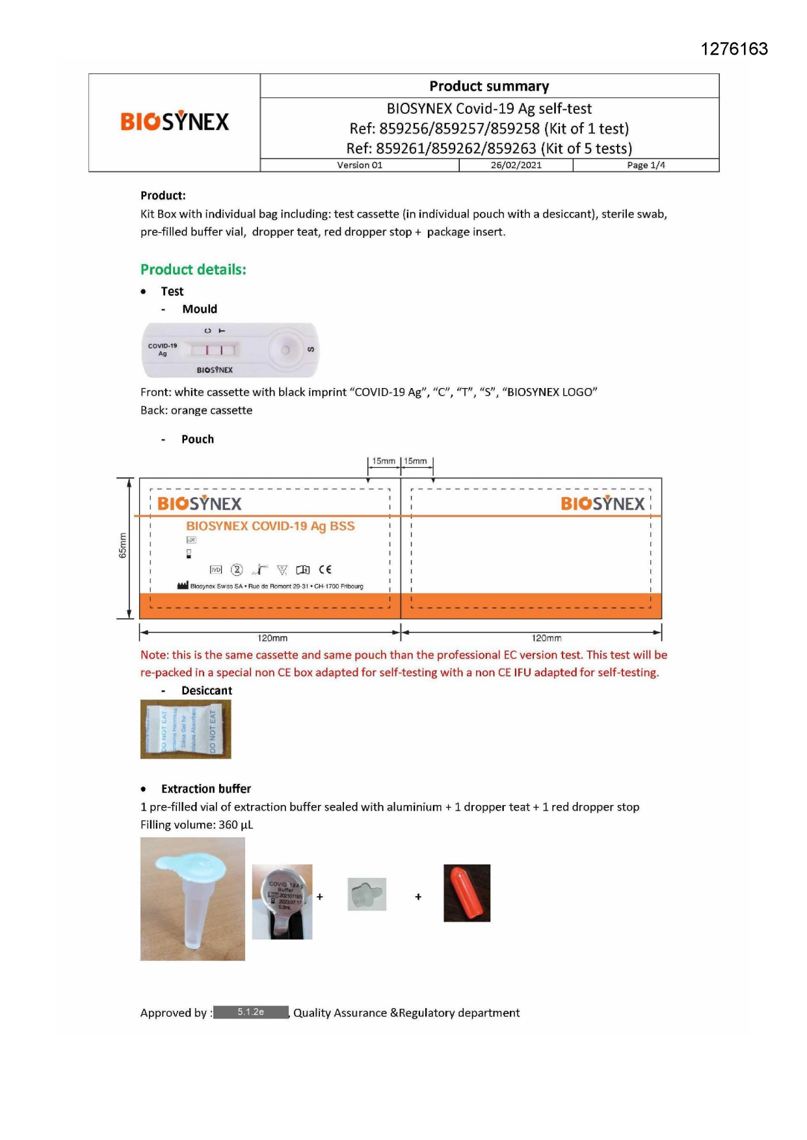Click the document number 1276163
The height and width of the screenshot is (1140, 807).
(734, 49)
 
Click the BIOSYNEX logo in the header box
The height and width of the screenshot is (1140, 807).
(174, 122)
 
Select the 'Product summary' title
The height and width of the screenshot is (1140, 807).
(489, 86)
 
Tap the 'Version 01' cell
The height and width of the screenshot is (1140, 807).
(360, 165)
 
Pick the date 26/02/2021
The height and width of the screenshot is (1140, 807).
(516, 165)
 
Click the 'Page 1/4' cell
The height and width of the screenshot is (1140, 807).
(646, 165)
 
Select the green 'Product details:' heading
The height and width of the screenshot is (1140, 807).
(193, 270)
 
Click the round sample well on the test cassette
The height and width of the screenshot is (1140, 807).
(285, 350)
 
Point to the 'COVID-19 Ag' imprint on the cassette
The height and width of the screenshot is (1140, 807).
(163, 350)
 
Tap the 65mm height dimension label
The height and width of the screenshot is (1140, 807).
(122, 545)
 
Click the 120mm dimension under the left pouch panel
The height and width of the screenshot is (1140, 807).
(272, 638)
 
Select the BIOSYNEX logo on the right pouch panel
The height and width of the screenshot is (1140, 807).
(602, 504)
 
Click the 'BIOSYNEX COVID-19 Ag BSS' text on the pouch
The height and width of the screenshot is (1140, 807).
(271, 526)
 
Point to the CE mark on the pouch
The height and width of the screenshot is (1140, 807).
(325, 569)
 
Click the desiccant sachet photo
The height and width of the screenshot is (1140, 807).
(186, 729)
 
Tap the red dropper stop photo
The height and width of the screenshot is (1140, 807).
(467, 892)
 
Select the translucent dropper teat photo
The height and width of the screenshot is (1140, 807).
(367, 894)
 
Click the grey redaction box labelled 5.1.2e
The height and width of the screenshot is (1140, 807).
(250, 1012)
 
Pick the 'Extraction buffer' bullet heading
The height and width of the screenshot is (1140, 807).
(205, 789)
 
